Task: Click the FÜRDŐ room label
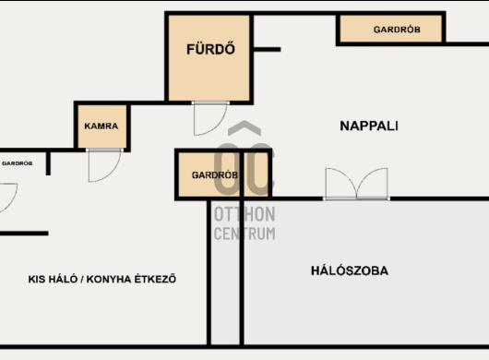coord(210,49)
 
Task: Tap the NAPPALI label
coord(369,126)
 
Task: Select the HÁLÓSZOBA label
coord(350,270)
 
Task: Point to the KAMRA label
coord(101,126)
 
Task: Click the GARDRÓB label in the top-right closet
coord(397,30)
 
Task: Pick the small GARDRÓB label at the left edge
coord(18,163)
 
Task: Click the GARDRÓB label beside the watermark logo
coord(215,175)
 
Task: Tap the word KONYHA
coord(109,279)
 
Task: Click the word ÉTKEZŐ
coord(155,279)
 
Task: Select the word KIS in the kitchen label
coord(36,279)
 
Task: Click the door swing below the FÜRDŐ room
coord(210,119)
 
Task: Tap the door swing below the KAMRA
coord(104,165)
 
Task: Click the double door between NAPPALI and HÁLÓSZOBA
coord(356,184)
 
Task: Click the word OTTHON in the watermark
coord(244,214)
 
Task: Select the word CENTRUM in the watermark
coord(244,234)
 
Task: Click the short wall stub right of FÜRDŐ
coord(267,49)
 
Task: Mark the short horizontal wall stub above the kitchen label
coord(24,234)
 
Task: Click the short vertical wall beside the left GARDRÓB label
coord(48,163)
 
